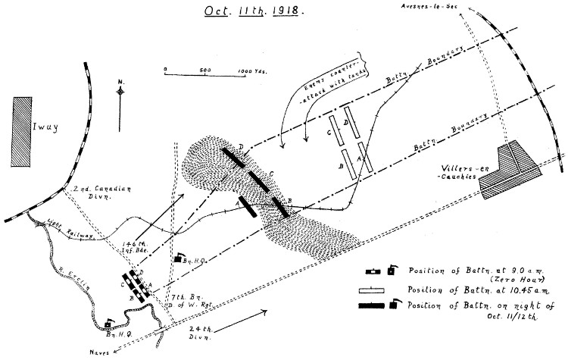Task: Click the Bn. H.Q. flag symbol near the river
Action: pos(111,323)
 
